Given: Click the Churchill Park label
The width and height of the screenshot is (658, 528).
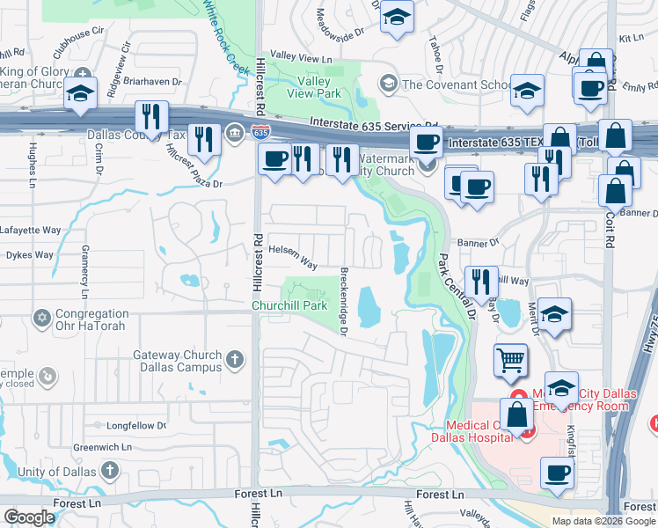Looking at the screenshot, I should click(x=289, y=305).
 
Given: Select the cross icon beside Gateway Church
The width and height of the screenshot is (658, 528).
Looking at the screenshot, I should click(x=234, y=359).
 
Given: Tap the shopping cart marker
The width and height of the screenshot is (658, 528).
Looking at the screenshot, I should click(x=510, y=360).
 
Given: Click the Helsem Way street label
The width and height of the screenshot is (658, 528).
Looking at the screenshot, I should click(x=293, y=256).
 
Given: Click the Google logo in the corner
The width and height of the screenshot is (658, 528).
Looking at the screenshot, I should click(x=30, y=517).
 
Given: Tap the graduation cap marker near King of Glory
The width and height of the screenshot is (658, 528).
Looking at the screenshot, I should click(x=80, y=93).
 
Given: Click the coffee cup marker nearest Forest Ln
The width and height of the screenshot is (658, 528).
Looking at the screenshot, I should click(x=557, y=473).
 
